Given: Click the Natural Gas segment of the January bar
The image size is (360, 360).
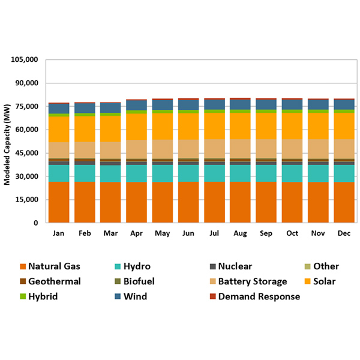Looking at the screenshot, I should pos(59,202).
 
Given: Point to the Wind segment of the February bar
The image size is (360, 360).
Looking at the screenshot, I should pos(85,108).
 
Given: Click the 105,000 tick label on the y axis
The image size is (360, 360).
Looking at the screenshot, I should pos(25,60).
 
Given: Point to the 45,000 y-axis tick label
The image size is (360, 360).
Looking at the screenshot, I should pos(27,153).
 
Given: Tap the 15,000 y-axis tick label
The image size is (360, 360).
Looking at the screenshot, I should pos(27,200).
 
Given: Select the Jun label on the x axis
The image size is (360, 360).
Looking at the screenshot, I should pos(188,233).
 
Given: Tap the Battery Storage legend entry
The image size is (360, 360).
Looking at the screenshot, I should pos(253,281).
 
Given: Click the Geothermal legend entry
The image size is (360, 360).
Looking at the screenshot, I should pos(53,281).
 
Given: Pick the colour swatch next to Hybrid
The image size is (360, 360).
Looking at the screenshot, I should pos(23,296).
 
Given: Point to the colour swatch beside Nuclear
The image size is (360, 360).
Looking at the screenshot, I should pos(212,266).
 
